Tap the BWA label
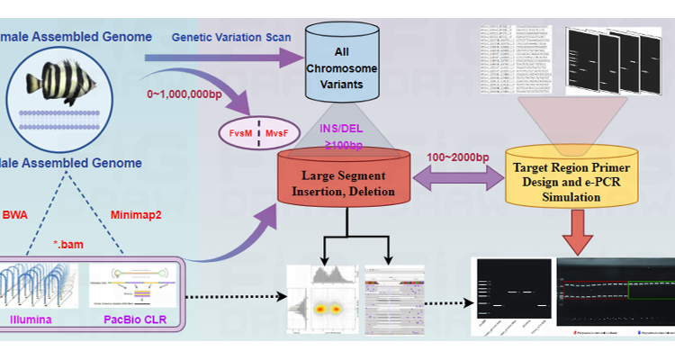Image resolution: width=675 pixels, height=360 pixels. pyautogui.click(x=15, y=214)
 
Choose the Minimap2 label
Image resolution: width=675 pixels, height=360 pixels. pyautogui.click(x=136, y=214)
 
